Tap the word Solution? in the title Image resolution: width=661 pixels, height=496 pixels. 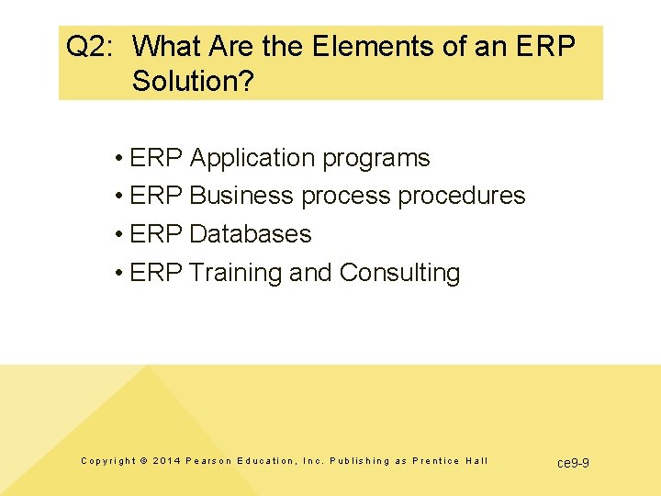(193, 81)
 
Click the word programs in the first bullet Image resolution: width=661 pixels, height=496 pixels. (375, 158)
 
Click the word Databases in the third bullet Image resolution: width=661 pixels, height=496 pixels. (250, 234)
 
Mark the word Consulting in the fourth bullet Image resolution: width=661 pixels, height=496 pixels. (399, 273)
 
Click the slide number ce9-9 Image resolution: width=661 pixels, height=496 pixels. (573, 462)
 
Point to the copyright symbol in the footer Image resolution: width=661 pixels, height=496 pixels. (143, 461)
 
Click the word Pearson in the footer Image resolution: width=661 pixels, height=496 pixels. (208, 461)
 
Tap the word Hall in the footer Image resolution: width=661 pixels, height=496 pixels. (476, 461)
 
